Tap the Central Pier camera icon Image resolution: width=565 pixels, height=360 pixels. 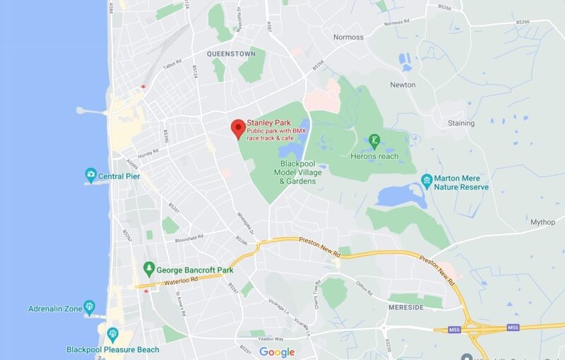pyautogui.click(x=90, y=174)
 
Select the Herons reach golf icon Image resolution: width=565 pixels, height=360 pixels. pyautogui.click(x=374, y=140)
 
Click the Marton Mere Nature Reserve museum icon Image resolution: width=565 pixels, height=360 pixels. pyautogui.click(x=427, y=180)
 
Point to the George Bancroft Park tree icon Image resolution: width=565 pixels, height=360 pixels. pyautogui.click(x=148, y=268)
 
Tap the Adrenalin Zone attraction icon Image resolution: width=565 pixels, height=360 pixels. pyautogui.click(x=89, y=307)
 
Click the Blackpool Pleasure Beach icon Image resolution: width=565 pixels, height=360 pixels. pyautogui.click(x=112, y=334)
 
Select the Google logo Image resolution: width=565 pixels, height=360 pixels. pyautogui.click(x=277, y=352)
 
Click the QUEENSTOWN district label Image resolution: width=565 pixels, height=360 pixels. pyautogui.click(x=231, y=54)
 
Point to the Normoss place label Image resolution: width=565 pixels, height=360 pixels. pyautogui.click(x=348, y=37)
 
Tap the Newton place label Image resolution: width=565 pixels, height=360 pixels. pyautogui.click(x=403, y=85)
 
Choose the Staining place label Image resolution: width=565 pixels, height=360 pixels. pyautogui.click(x=461, y=124)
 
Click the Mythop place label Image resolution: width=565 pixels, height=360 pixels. pyautogui.click(x=542, y=222)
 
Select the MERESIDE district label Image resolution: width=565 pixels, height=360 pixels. pyautogui.click(x=406, y=308)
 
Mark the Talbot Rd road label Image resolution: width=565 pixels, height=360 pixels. pyautogui.click(x=173, y=64)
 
